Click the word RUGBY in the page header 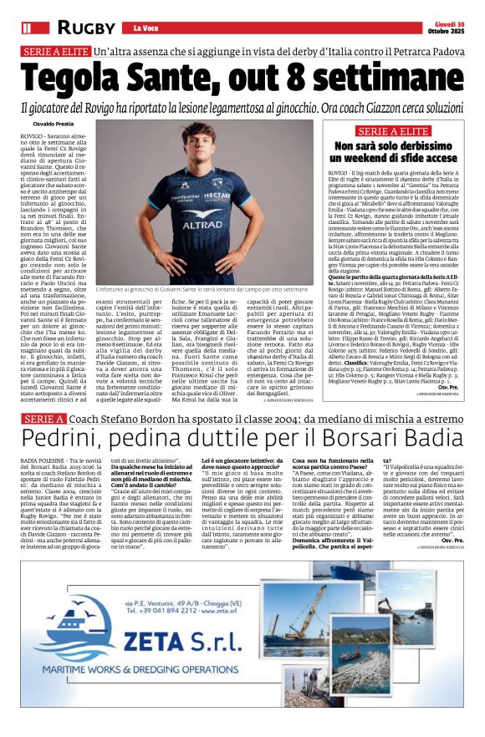click(88, 28)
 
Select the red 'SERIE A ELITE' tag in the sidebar click(392, 131)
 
